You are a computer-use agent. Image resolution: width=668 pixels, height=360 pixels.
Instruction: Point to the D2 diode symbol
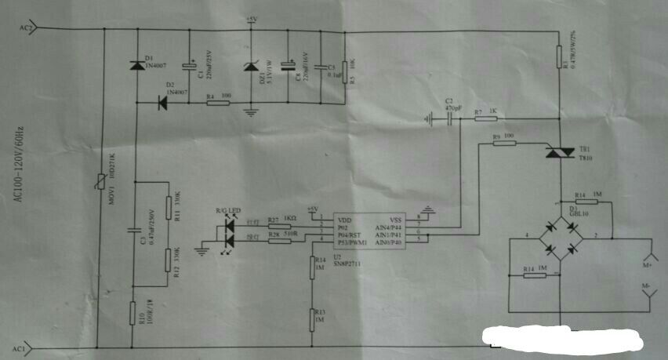tap(163, 101)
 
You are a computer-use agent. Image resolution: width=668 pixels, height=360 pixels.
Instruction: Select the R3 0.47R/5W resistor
tap(559, 56)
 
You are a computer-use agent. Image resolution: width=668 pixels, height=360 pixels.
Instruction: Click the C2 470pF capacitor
tap(449, 118)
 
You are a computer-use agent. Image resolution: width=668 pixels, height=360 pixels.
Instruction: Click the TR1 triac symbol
tap(560, 155)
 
